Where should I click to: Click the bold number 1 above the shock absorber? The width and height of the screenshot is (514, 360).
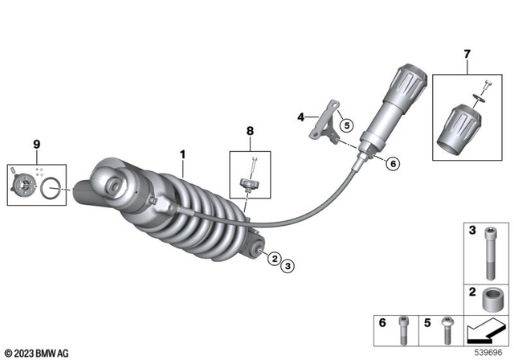(x=182, y=153)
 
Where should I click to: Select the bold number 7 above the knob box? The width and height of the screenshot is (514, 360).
(x=466, y=55)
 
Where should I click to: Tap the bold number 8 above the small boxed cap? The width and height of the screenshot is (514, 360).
(x=250, y=130)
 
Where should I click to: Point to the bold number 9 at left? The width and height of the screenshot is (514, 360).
(x=36, y=145)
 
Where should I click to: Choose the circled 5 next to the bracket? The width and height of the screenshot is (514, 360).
(x=345, y=125)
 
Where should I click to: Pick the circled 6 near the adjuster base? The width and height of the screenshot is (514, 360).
(x=393, y=163)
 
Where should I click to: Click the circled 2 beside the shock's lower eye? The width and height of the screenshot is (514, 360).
(x=275, y=259)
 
